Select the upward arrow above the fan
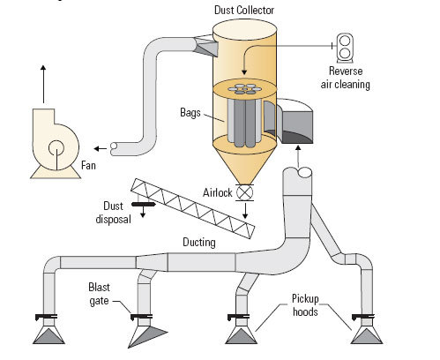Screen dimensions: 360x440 [x=42, y=78]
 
